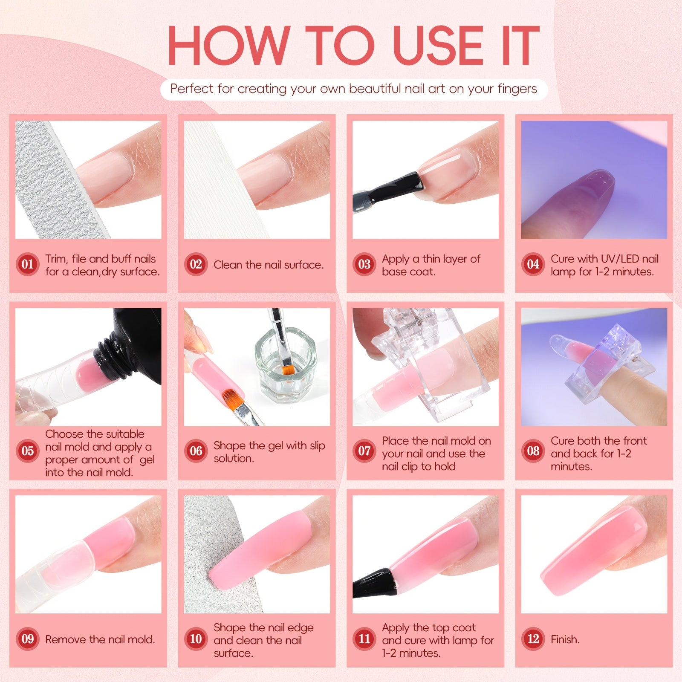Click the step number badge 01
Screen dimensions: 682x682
(x=28, y=264)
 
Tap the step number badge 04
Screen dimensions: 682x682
(x=533, y=264)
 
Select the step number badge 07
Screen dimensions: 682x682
(x=364, y=451)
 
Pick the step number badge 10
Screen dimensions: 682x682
(x=196, y=639)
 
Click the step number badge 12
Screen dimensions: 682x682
(x=533, y=639)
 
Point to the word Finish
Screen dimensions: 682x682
(x=565, y=639)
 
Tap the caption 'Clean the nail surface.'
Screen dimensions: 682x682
(x=269, y=265)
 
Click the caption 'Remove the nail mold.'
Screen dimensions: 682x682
(x=100, y=639)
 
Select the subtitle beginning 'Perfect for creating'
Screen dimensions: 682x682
(x=354, y=89)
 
